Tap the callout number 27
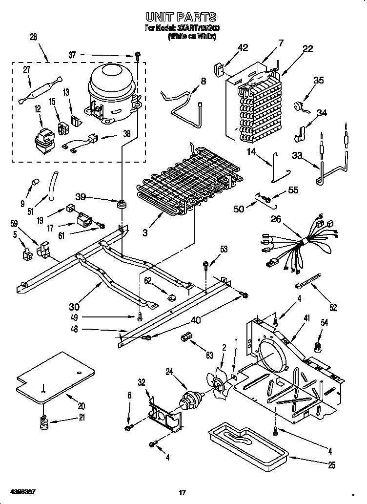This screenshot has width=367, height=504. (26, 70)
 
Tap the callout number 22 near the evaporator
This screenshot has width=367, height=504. (307, 48)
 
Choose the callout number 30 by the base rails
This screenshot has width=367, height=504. (74, 307)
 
